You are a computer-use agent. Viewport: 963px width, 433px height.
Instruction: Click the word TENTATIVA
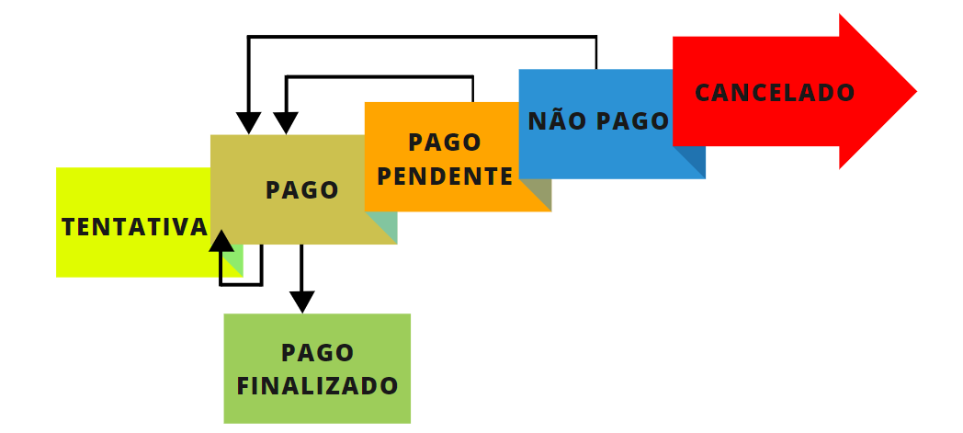coord(134,227)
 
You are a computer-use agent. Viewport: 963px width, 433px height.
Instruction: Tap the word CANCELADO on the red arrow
coord(775,93)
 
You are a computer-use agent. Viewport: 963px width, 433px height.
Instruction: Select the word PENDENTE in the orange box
coord(445,176)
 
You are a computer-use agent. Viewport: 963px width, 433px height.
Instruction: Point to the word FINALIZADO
coord(317,385)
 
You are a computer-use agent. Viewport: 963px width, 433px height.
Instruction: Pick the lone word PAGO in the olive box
coord(302,190)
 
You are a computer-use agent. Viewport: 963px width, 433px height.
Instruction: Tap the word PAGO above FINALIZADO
coord(317,353)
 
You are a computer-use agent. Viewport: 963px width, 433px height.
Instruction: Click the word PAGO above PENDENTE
coord(445,142)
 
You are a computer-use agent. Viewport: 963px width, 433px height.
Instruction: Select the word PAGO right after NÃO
coord(633,121)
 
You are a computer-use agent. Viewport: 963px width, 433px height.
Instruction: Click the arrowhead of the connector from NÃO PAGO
coord(248,123)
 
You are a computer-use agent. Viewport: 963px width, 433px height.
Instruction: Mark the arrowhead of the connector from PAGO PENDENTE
coord(287,123)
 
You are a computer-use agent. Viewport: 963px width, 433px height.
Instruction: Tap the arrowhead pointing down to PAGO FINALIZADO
coord(301,302)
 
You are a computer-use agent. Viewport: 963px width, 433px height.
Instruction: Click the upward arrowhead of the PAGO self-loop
coord(221,241)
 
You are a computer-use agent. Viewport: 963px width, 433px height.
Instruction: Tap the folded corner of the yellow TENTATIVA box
coord(232,262)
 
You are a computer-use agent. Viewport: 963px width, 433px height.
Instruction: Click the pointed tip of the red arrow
coord(914,91)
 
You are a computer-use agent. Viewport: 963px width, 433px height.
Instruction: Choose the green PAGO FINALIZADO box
coord(317,368)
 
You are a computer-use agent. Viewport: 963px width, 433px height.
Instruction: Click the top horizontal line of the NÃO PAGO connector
coord(423,37)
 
